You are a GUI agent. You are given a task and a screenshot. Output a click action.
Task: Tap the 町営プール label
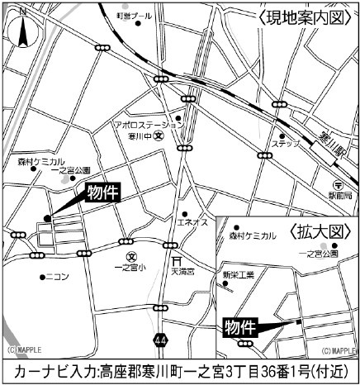tap(134, 16)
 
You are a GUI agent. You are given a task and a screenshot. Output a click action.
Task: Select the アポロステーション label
tap(147, 122)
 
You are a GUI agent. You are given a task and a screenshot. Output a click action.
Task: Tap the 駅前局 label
tap(339, 195)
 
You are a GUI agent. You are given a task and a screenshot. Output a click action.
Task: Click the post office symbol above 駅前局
tap(339, 183)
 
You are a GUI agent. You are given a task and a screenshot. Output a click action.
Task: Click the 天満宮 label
tap(181, 269)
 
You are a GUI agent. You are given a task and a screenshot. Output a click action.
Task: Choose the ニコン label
tap(58, 276)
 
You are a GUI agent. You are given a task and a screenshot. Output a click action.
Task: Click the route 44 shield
tap(159, 339)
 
